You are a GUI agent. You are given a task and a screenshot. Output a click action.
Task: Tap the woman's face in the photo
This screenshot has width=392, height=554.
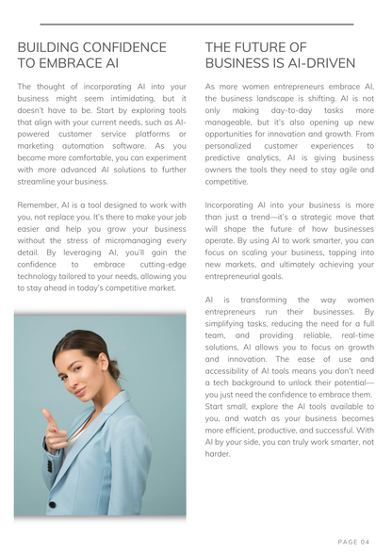coord(76,376)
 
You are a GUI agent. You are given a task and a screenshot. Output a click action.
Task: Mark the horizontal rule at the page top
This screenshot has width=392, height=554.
coord(196,24)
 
